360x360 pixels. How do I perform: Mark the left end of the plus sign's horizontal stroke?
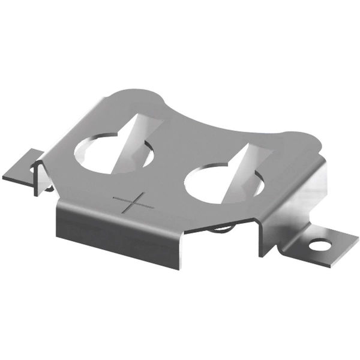[x=114, y=197]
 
